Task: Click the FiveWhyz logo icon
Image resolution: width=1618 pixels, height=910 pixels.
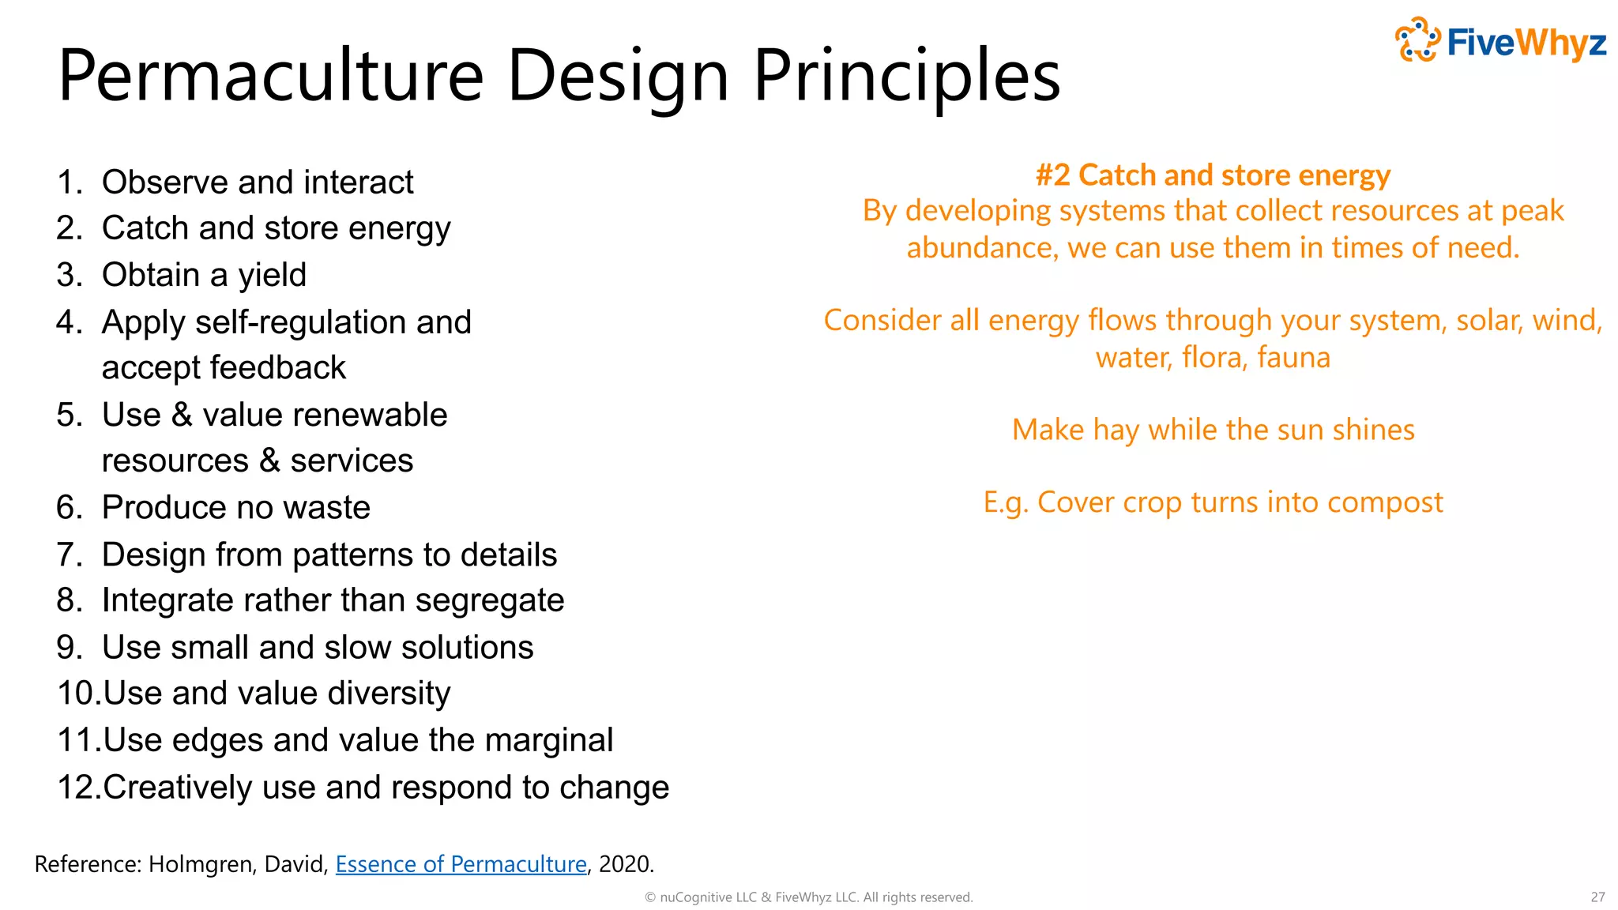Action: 1418,39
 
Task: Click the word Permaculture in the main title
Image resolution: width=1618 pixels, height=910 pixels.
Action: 271,76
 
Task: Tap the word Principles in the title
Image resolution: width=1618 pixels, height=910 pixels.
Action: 906,76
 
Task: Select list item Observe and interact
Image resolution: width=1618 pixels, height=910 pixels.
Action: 258,182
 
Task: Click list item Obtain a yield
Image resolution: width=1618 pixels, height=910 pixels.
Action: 204,275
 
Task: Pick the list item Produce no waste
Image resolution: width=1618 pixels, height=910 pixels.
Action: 235,507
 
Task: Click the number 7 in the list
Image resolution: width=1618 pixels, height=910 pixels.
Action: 68,555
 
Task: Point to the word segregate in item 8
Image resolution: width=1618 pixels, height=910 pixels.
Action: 489,600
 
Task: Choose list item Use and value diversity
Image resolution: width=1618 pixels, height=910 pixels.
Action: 277,694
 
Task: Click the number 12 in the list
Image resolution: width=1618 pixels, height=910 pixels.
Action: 78,788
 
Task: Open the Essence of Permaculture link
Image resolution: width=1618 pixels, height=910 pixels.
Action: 461,864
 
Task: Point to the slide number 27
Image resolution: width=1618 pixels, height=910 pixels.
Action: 1597,897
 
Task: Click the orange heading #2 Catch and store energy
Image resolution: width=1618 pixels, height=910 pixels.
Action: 1213,175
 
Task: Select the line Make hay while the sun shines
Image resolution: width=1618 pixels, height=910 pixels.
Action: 1213,431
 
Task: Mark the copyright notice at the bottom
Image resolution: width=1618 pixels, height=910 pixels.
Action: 808,897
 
